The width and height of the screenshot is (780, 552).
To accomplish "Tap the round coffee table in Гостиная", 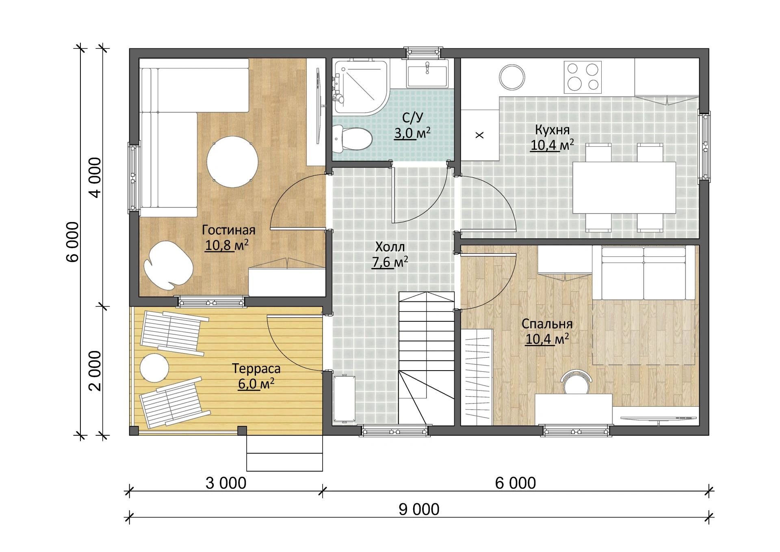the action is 232,161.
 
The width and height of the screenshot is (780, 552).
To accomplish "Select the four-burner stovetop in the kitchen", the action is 583,77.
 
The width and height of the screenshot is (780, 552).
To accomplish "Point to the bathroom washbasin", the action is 427,74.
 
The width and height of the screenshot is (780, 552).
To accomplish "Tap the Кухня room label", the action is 552,130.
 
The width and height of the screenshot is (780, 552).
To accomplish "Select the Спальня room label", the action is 547,324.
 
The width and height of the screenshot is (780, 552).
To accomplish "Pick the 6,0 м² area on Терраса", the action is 256,384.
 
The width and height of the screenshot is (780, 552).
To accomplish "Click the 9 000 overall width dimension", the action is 419,509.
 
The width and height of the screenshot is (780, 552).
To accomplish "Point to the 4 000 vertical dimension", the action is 95,178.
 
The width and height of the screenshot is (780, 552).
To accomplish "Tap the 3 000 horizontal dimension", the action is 226,483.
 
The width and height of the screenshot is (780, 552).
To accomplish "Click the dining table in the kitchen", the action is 624,188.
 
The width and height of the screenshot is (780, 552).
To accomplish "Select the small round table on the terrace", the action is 154,368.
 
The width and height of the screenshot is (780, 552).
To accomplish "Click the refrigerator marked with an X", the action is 480,135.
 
